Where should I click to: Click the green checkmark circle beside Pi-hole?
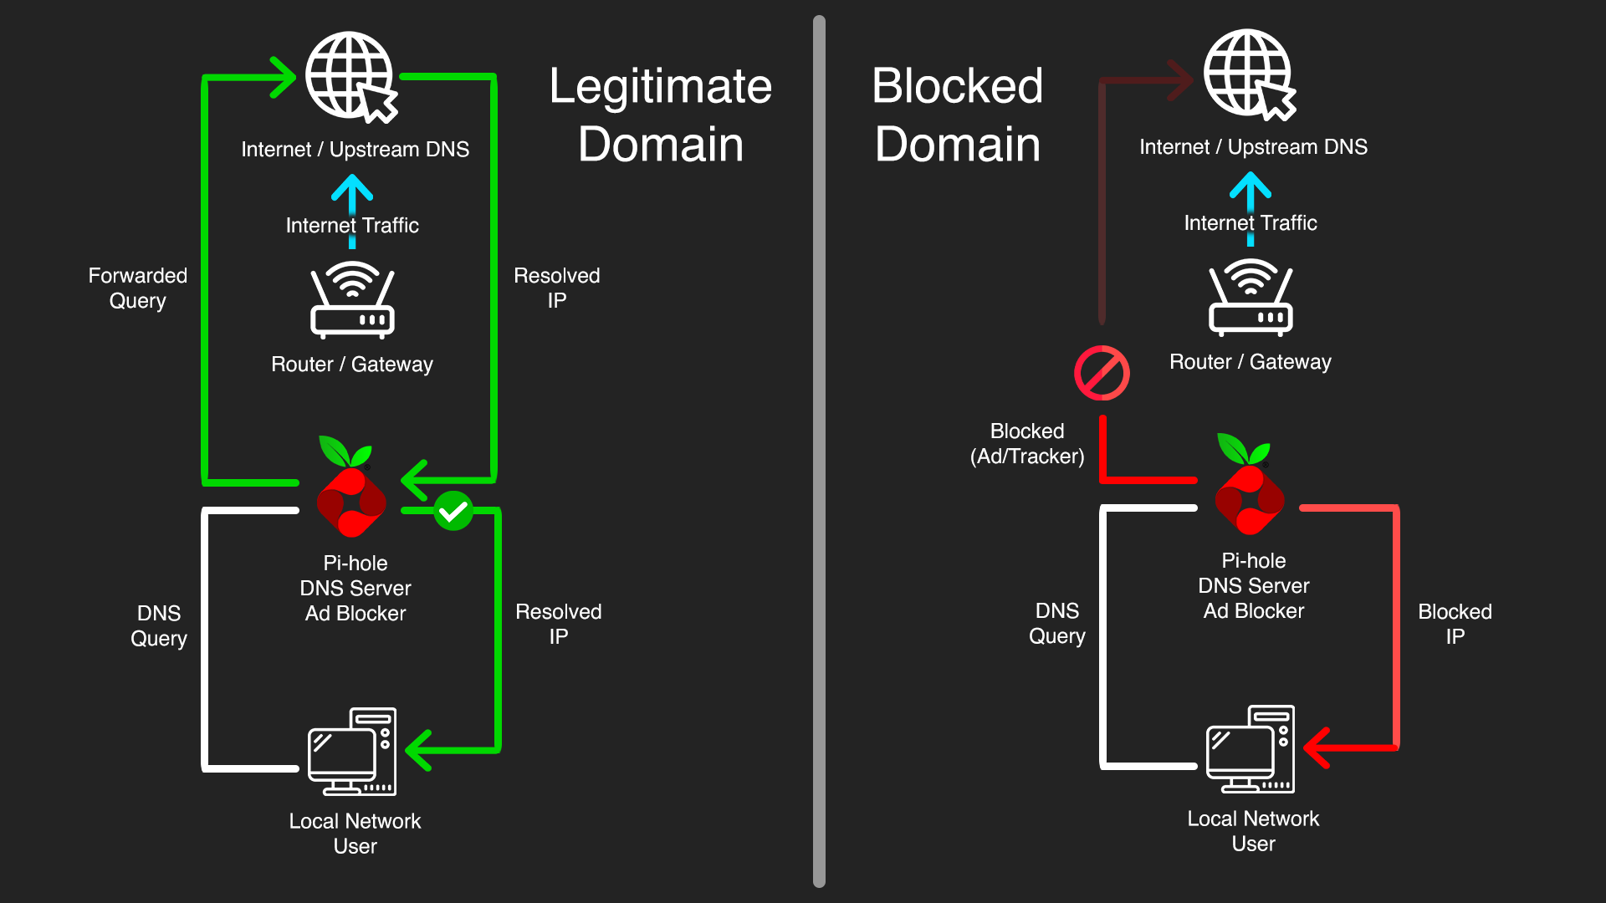coord(453,511)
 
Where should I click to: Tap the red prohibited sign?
coord(1102,373)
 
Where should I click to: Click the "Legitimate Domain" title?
coord(660,115)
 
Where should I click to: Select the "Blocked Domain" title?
coord(958,115)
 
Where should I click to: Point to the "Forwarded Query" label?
coord(138,288)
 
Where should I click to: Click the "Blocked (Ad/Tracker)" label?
coord(1027,443)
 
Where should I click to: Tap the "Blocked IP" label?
coord(1455,624)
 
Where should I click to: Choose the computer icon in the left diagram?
coord(352,752)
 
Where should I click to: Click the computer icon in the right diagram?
coord(1251,749)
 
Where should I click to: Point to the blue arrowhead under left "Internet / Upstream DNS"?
coord(352,188)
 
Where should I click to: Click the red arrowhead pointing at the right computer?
coord(1317,747)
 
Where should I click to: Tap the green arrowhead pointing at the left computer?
coord(418,750)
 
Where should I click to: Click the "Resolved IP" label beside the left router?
coord(557,288)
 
